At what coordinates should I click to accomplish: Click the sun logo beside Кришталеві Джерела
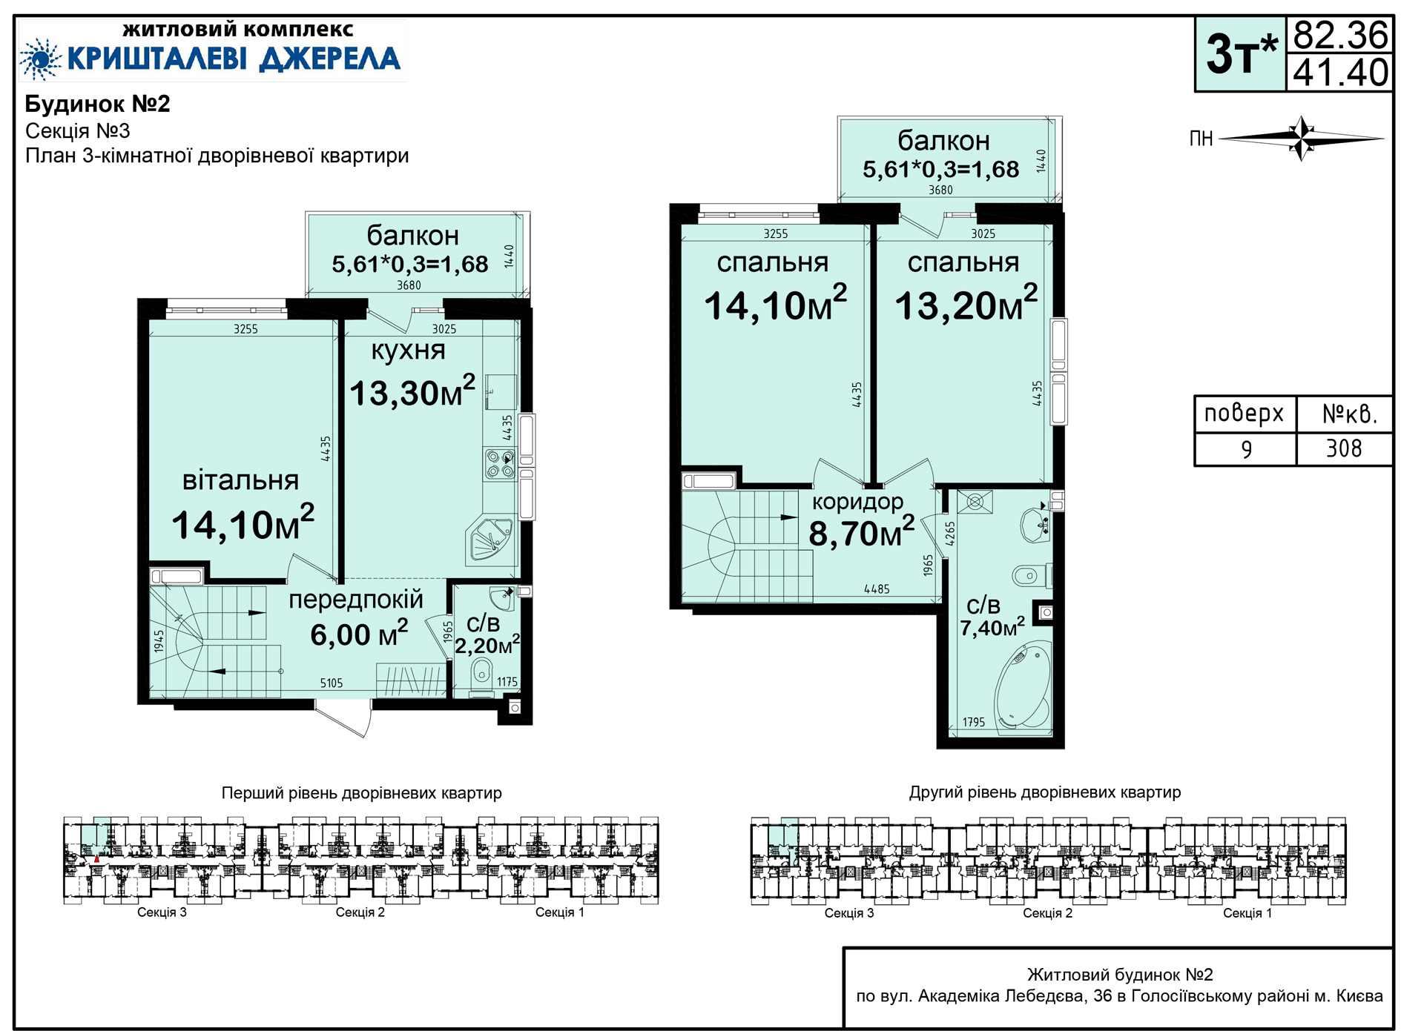(x=40, y=59)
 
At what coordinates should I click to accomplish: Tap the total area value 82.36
(x=1340, y=35)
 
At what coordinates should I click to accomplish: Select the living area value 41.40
(x=1340, y=73)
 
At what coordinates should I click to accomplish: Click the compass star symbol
(x=1302, y=138)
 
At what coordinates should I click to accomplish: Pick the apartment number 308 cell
(x=1344, y=448)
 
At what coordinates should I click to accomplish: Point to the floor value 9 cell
(x=1246, y=449)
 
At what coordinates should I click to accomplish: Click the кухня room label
(x=408, y=350)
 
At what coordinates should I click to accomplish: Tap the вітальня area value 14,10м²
(x=243, y=523)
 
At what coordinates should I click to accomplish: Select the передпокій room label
(x=356, y=600)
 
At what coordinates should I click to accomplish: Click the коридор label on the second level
(x=858, y=502)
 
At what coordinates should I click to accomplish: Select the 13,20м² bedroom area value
(x=966, y=304)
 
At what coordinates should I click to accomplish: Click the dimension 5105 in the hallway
(x=332, y=683)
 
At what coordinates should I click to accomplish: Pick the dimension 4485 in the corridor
(x=877, y=589)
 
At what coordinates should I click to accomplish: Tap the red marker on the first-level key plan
(x=96, y=859)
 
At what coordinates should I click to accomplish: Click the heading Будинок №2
(x=98, y=104)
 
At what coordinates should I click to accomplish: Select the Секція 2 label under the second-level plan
(x=1047, y=913)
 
